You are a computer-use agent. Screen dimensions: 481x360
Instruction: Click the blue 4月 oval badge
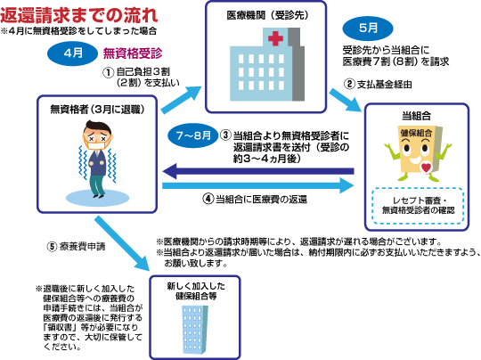73,53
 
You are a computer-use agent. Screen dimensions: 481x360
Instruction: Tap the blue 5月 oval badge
368,29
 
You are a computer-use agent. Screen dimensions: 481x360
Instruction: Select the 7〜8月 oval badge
193,135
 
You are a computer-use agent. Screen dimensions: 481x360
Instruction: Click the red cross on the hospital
275,38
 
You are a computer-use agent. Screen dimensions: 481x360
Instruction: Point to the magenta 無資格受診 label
133,53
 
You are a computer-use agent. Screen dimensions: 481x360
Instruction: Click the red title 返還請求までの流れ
79,15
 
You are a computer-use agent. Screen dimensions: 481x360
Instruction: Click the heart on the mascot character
426,168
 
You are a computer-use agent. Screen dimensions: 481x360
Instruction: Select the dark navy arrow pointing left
258,171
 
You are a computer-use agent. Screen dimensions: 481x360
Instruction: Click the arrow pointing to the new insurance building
122,243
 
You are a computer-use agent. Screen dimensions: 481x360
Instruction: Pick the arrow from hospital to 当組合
346,101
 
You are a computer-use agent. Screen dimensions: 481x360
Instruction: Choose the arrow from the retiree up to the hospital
182,100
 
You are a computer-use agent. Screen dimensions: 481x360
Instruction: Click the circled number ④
208,199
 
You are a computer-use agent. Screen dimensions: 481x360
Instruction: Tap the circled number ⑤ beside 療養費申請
52,247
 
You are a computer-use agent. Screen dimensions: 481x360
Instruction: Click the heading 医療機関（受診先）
267,15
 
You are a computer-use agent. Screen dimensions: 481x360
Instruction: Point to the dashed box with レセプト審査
418,205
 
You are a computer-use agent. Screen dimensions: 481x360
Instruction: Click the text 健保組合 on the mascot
416,133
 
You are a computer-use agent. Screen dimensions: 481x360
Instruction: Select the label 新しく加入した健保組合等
196,291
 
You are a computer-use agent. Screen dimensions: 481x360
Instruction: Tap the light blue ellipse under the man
98,198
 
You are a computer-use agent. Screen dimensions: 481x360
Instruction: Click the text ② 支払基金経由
378,84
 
